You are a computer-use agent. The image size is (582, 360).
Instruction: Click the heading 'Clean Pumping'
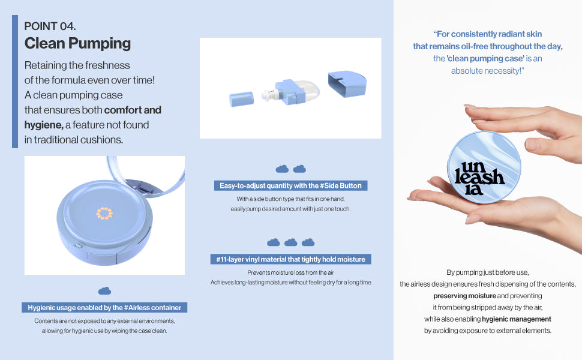tap(77, 43)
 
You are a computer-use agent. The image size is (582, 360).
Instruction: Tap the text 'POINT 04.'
tap(50, 26)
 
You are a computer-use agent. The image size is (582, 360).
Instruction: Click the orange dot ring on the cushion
tap(104, 213)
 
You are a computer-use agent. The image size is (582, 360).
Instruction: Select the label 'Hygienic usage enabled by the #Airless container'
tap(104, 308)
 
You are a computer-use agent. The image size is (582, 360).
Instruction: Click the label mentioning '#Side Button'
tap(290, 185)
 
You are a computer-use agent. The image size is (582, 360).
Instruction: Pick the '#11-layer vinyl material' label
tap(290, 259)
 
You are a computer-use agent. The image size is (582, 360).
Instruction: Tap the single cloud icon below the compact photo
tap(104, 290)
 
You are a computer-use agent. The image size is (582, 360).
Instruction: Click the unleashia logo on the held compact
tap(479, 178)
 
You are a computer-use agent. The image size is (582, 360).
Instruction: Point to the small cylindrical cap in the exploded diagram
tap(241, 99)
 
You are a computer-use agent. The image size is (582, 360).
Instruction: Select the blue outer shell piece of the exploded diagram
tap(347, 84)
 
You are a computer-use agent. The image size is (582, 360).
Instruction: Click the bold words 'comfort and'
tap(133, 110)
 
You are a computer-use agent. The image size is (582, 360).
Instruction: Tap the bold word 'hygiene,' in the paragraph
tap(44, 125)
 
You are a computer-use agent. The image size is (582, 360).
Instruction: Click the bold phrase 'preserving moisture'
tap(464, 296)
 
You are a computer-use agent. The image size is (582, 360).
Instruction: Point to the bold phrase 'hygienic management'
tap(517, 319)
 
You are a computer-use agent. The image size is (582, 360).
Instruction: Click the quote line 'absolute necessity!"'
tap(487, 71)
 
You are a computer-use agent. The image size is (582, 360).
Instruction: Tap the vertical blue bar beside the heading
tap(15, 82)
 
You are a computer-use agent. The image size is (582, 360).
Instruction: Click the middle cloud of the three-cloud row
tap(290, 242)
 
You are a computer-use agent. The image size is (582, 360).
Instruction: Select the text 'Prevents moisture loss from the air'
tap(290, 272)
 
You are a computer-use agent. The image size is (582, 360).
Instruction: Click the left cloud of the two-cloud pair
tap(282, 169)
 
